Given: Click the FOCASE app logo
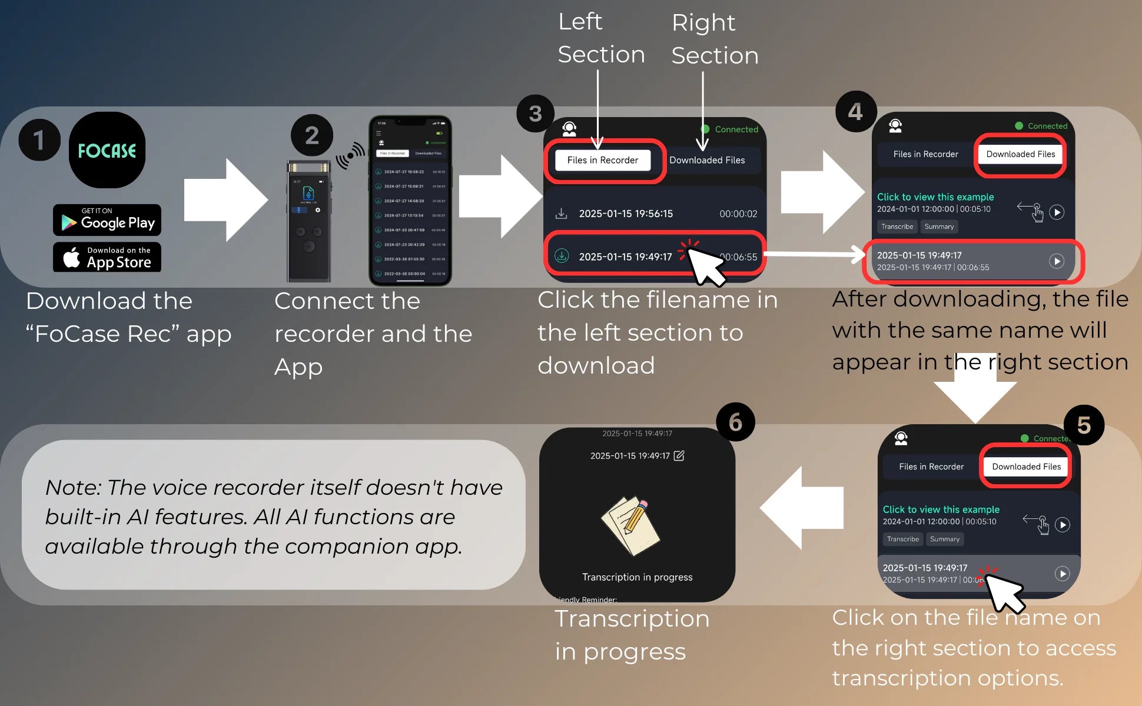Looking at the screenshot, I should (x=107, y=151).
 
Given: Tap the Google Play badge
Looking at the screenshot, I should (x=107, y=220).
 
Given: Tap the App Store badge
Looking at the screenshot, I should (x=107, y=258).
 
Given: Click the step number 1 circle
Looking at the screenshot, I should (x=39, y=140).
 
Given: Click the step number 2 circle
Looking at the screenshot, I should (x=312, y=135).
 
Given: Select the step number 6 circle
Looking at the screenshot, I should (x=735, y=422).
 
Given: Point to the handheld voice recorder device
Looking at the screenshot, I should (x=308, y=221).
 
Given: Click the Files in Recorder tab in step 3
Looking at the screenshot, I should (x=602, y=160).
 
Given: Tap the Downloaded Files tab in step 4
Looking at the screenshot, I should (x=1020, y=154).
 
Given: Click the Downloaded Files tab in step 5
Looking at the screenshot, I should (x=1026, y=467).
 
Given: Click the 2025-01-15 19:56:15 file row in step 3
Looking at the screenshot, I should (x=625, y=214).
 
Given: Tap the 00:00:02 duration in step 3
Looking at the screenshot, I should (x=738, y=214).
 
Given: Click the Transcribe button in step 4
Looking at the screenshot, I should (x=897, y=227).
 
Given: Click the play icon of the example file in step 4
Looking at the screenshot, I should (x=1057, y=212).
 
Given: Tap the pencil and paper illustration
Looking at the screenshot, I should (x=631, y=525).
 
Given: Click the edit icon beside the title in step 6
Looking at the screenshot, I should (x=679, y=455).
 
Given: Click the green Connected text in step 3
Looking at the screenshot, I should (x=736, y=129).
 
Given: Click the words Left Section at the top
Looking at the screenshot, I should (x=600, y=38).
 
